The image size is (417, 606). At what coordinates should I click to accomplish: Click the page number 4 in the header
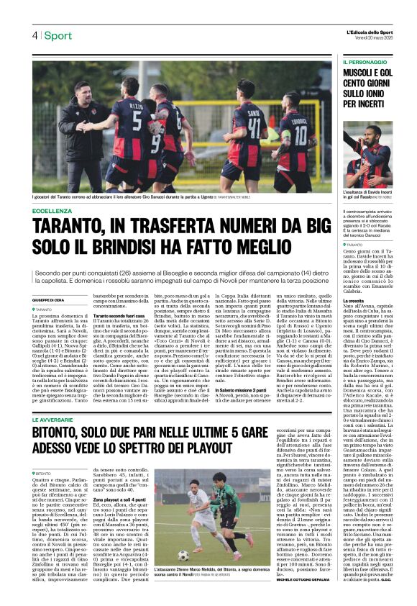[x=34, y=35]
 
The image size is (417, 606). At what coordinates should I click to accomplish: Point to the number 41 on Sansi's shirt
[x=254, y=132]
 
